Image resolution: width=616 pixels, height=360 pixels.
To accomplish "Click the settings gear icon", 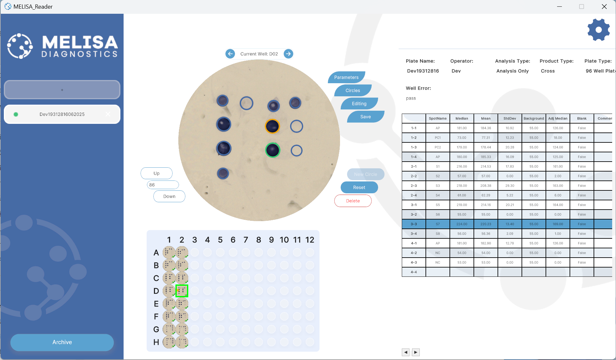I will point(598,30).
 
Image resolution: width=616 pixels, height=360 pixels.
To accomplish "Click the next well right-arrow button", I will point(288,54).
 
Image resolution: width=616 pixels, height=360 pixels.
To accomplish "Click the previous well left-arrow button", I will point(230,54).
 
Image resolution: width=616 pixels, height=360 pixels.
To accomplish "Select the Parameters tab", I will point(346,77).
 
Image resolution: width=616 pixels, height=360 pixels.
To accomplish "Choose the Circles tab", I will point(353,91).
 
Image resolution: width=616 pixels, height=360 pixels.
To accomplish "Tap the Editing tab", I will point(359,104).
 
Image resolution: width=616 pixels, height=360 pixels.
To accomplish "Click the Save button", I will point(365,117).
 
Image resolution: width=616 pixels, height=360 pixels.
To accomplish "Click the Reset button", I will point(359,188).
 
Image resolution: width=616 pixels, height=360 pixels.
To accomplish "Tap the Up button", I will point(157,173).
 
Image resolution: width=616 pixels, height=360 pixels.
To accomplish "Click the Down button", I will point(169,196).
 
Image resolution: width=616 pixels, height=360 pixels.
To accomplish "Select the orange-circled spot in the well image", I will point(272,126).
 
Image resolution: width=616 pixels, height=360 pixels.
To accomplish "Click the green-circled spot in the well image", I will point(273,150).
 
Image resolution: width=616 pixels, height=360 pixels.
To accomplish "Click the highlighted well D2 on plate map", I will point(182,291).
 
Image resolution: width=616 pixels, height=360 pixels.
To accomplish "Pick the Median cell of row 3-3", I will point(462,224).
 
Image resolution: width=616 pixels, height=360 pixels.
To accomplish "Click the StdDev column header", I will point(510,118).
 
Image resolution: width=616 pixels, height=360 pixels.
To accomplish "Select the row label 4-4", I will point(414,272).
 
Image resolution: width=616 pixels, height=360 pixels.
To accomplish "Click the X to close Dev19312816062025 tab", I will point(108,114).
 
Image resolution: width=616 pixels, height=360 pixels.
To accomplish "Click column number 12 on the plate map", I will point(310,240).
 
